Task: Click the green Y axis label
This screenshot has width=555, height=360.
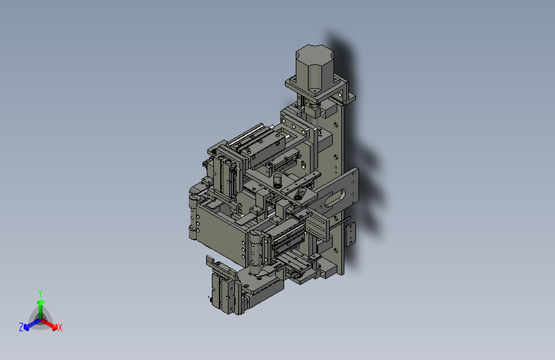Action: pyautogui.click(x=40, y=293)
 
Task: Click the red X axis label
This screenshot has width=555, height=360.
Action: pyautogui.click(x=60, y=327)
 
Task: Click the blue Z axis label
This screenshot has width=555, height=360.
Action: pyautogui.click(x=21, y=327)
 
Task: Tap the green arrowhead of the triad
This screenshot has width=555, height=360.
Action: pyautogui.click(x=41, y=303)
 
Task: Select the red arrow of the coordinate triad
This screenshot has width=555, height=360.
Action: pyautogui.click(x=49, y=324)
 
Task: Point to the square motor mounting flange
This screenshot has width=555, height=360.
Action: pyautogui.click(x=320, y=90)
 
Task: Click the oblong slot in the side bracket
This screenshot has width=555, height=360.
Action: pyautogui.click(x=335, y=199)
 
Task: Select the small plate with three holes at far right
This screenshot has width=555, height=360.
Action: pyautogui.click(x=350, y=234)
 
